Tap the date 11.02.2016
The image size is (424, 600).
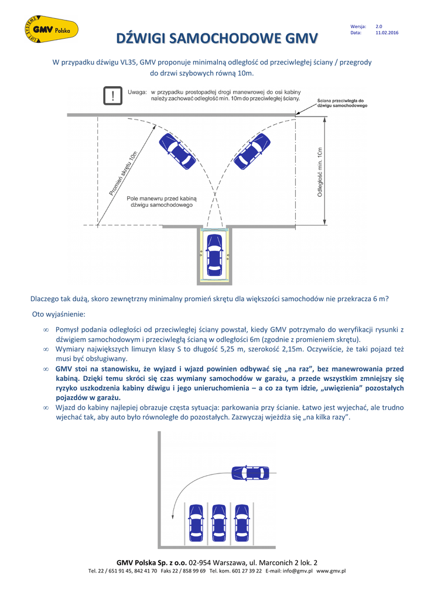click(386, 33)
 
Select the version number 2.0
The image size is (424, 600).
click(378, 26)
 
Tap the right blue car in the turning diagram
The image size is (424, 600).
click(252, 151)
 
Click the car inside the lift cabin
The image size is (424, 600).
click(214, 255)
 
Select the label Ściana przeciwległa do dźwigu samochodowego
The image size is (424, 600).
click(342, 103)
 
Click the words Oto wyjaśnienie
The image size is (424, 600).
click(59, 314)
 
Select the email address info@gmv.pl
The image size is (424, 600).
click(297, 571)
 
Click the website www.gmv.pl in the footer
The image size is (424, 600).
click(331, 571)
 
